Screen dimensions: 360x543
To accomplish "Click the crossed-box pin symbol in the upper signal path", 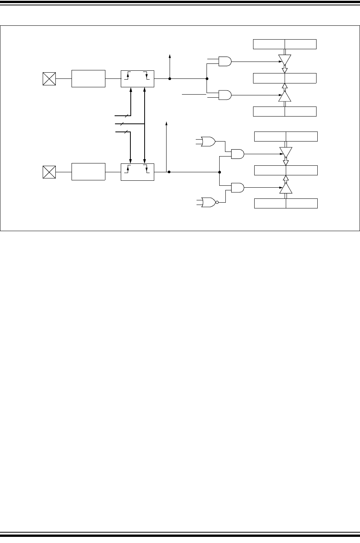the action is click(49, 79).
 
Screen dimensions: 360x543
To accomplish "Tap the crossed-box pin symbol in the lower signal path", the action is click(49, 172).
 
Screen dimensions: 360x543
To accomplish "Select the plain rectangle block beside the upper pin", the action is click(88, 79).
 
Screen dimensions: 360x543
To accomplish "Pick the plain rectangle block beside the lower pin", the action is click(88, 172).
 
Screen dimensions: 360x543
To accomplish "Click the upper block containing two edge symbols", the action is click(137, 79).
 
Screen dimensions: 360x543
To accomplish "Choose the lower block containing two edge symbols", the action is click(137, 172).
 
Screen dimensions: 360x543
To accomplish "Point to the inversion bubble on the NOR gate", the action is click(217, 202).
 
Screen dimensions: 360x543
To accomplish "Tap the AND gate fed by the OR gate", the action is click(237, 154).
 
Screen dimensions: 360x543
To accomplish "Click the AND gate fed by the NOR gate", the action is click(237, 187).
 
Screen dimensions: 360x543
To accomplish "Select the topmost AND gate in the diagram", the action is click(225, 61).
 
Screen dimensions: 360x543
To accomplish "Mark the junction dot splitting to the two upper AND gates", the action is click(207, 79).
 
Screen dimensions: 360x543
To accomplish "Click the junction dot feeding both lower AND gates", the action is click(219, 172).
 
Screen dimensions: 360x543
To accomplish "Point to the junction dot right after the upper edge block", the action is click(170, 79).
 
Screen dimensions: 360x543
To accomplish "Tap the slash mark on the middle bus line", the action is click(122, 124).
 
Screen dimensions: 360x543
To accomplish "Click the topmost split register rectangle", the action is click(285, 44).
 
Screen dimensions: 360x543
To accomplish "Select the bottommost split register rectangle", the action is click(286, 203).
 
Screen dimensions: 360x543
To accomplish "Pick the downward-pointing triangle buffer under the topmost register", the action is click(285, 60).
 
